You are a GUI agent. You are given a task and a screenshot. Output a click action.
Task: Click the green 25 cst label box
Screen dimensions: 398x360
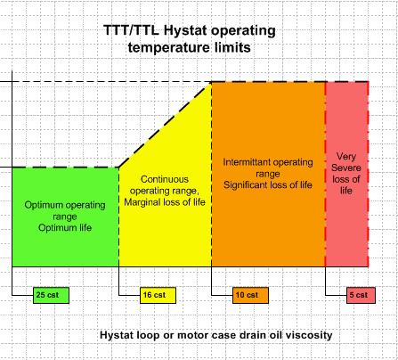pos(51,295)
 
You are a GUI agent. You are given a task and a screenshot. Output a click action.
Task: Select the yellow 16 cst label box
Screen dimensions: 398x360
pos(158,295)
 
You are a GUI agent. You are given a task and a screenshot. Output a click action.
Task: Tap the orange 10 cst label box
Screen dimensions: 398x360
pos(250,295)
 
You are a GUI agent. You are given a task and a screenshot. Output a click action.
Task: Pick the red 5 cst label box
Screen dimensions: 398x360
pos(361,295)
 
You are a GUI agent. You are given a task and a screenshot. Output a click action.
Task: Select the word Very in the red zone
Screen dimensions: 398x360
pos(346,156)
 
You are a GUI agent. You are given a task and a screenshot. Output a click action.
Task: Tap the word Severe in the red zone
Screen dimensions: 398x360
pos(346,168)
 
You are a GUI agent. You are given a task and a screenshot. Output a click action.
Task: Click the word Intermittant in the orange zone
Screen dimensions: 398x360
pos(247,162)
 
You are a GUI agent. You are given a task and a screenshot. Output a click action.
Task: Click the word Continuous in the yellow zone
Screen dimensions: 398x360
pos(165,179)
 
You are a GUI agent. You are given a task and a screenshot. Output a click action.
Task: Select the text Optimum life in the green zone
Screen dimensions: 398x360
pos(65,228)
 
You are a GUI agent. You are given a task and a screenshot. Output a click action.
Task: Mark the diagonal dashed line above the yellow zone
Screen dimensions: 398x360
pos(165,125)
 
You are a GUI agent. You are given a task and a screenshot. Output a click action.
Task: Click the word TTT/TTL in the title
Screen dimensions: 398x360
pos(131,30)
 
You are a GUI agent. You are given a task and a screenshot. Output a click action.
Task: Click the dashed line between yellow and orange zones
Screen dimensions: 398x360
pos(212,174)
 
